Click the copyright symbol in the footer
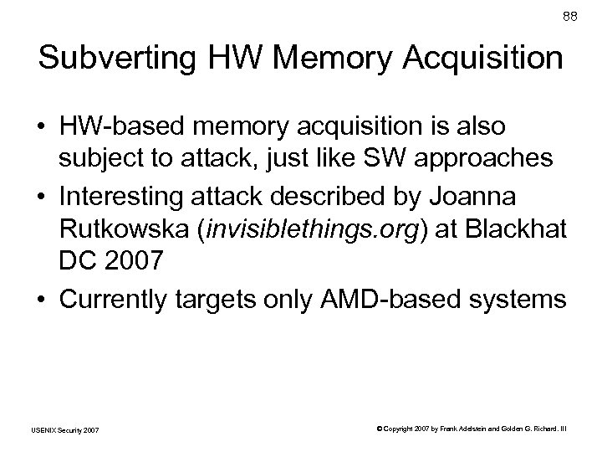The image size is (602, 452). pos(378,429)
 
